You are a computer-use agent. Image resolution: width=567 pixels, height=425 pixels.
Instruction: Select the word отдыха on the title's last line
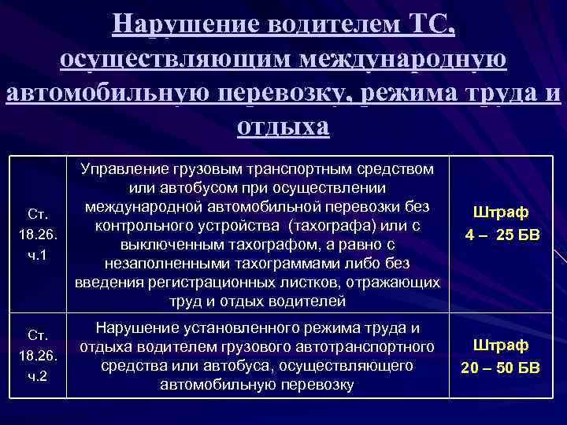[x=283, y=126]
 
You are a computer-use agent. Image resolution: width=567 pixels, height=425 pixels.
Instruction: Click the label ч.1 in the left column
[x=38, y=256]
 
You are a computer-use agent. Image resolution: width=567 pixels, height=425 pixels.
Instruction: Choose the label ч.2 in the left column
[x=38, y=376]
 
